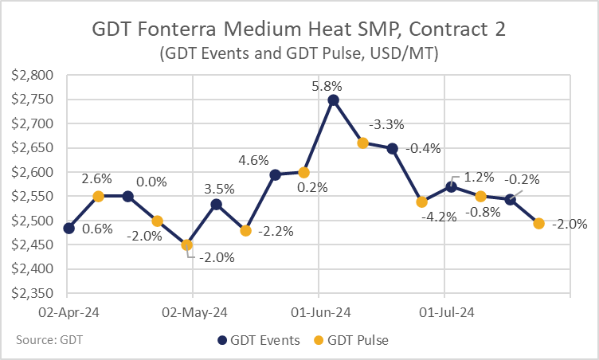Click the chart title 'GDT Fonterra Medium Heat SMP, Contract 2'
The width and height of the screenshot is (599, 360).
click(299, 29)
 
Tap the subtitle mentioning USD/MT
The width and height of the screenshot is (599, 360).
click(299, 53)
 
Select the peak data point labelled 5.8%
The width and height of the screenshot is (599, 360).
click(333, 100)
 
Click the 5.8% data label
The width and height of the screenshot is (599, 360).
click(327, 86)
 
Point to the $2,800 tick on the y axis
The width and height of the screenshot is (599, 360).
click(32, 76)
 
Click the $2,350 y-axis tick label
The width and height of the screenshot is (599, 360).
click(32, 293)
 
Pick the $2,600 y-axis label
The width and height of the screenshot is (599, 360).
click(32, 172)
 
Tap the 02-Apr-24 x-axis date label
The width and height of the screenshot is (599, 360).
click(69, 313)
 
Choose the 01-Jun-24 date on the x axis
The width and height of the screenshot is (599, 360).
click(321, 313)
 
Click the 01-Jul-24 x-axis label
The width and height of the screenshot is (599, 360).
click(447, 313)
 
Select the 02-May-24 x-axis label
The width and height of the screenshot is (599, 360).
click(194, 313)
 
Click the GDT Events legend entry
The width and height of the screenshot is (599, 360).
click(259, 340)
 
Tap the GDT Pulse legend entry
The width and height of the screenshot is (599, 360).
click(351, 340)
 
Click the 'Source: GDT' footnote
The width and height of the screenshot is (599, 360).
click(49, 340)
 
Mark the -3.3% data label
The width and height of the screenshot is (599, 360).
click(386, 124)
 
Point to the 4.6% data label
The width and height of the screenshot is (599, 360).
click(253, 160)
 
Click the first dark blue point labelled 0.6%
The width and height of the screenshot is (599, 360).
click(69, 229)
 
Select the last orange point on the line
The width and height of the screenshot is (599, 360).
click(538, 224)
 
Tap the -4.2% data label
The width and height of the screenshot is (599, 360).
click(440, 217)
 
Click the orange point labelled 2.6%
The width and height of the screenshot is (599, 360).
click(98, 197)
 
